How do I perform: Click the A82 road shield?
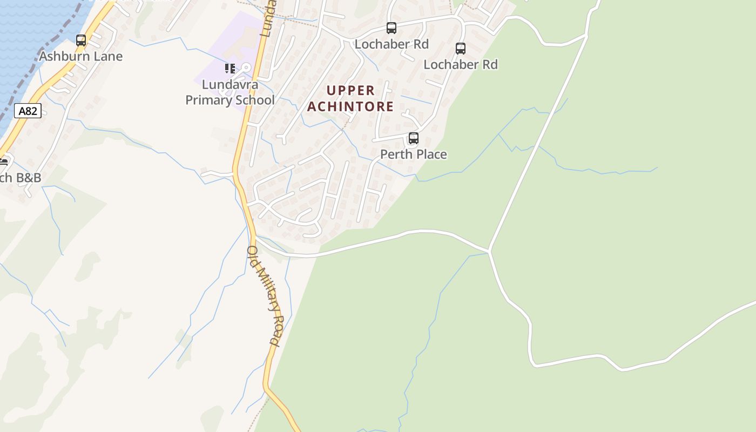[28, 111]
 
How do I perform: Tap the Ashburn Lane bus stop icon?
[81, 40]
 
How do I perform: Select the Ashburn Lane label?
[81, 56]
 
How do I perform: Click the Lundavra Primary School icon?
[230, 69]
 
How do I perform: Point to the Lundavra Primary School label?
[230, 92]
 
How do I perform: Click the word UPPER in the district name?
[350, 90]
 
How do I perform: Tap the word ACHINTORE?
[350, 106]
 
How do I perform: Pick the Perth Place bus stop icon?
[414, 138]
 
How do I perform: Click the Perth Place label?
[414, 154]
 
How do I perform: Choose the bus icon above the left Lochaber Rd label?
[391, 28]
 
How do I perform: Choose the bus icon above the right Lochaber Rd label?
[461, 49]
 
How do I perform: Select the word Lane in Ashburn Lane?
[109, 56]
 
